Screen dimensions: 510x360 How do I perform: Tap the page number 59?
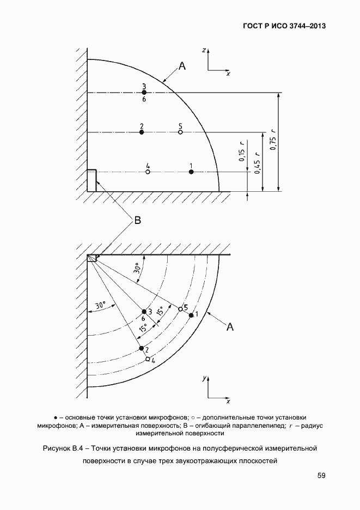[321, 476]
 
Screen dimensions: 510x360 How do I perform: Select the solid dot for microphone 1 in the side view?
[191, 172]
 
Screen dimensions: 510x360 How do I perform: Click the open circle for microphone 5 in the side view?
[180, 132]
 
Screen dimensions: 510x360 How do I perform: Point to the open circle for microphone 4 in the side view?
[148, 172]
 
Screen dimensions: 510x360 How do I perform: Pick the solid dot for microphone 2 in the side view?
[142, 132]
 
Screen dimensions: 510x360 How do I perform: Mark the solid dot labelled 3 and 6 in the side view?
[144, 93]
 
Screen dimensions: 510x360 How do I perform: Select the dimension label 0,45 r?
[259, 162]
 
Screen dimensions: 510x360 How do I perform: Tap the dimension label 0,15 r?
[242, 156]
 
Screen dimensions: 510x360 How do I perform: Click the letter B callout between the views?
[137, 221]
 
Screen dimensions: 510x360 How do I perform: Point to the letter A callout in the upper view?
[182, 66]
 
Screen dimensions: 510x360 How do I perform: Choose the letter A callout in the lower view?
[230, 326]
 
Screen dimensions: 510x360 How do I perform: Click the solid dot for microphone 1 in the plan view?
[191, 315]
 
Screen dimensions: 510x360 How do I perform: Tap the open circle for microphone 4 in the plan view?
[148, 359]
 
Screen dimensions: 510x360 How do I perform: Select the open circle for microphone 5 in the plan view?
[180, 309]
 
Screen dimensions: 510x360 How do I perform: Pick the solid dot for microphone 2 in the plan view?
[141, 348]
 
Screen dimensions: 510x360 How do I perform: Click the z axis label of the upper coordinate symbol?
[203, 50]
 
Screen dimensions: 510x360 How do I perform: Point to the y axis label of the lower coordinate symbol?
[203, 377]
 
